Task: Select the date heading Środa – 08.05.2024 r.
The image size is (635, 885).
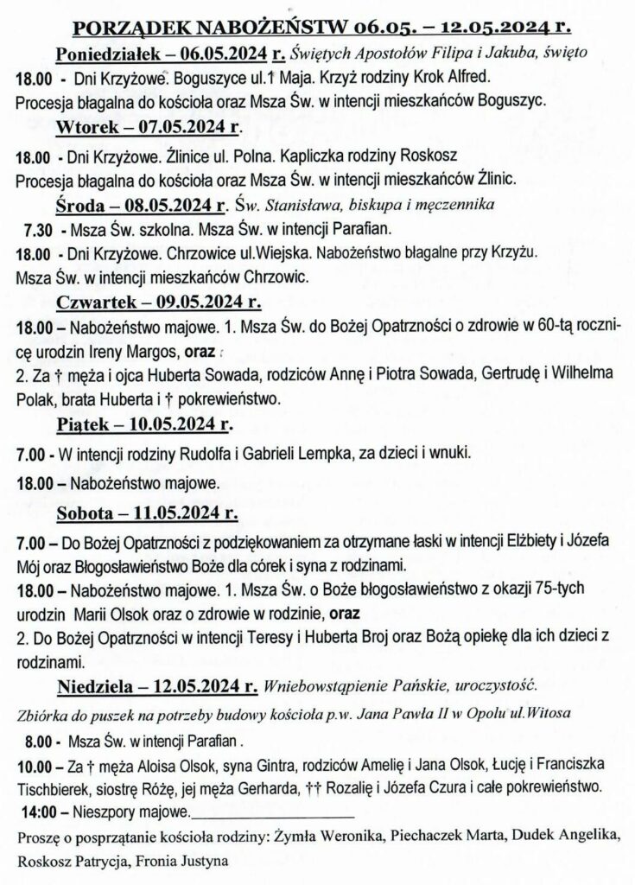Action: (x=141, y=206)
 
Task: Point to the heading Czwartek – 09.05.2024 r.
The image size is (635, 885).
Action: (x=158, y=302)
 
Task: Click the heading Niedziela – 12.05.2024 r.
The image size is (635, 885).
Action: (x=157, y=689)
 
